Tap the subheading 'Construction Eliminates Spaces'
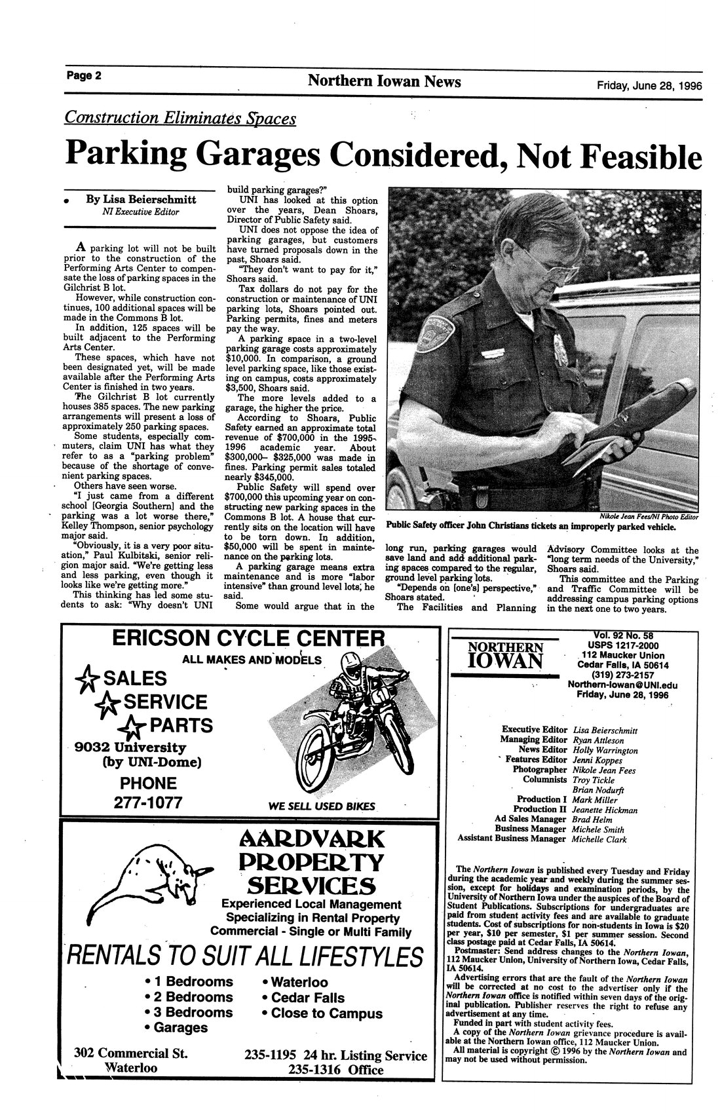point(180,118)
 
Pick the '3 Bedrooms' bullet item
point(189,1012)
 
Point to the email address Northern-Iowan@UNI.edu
point(622,685)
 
